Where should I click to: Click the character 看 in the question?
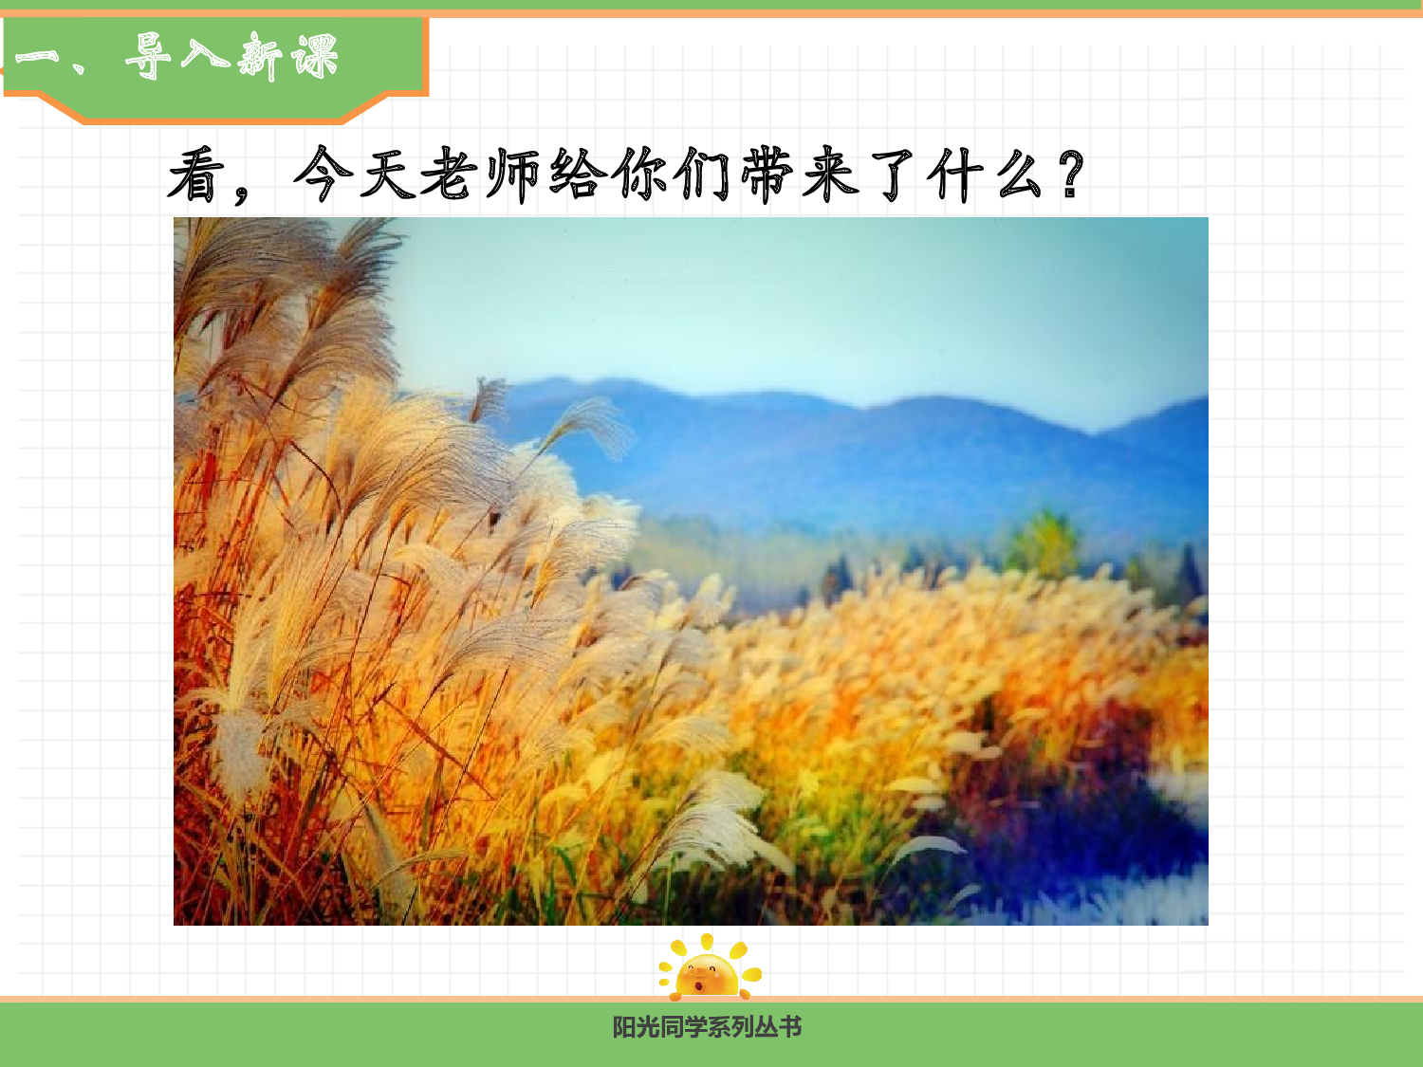click(196, 175)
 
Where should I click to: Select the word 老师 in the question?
click(480, 175)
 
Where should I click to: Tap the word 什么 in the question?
click(987, 175)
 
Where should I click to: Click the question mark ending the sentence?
click(1071, 175)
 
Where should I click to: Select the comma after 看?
click(242, 190)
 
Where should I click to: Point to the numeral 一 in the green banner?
click(38, 57)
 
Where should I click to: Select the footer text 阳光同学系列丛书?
click(707, 1027)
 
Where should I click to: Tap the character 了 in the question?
click(893, 175)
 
